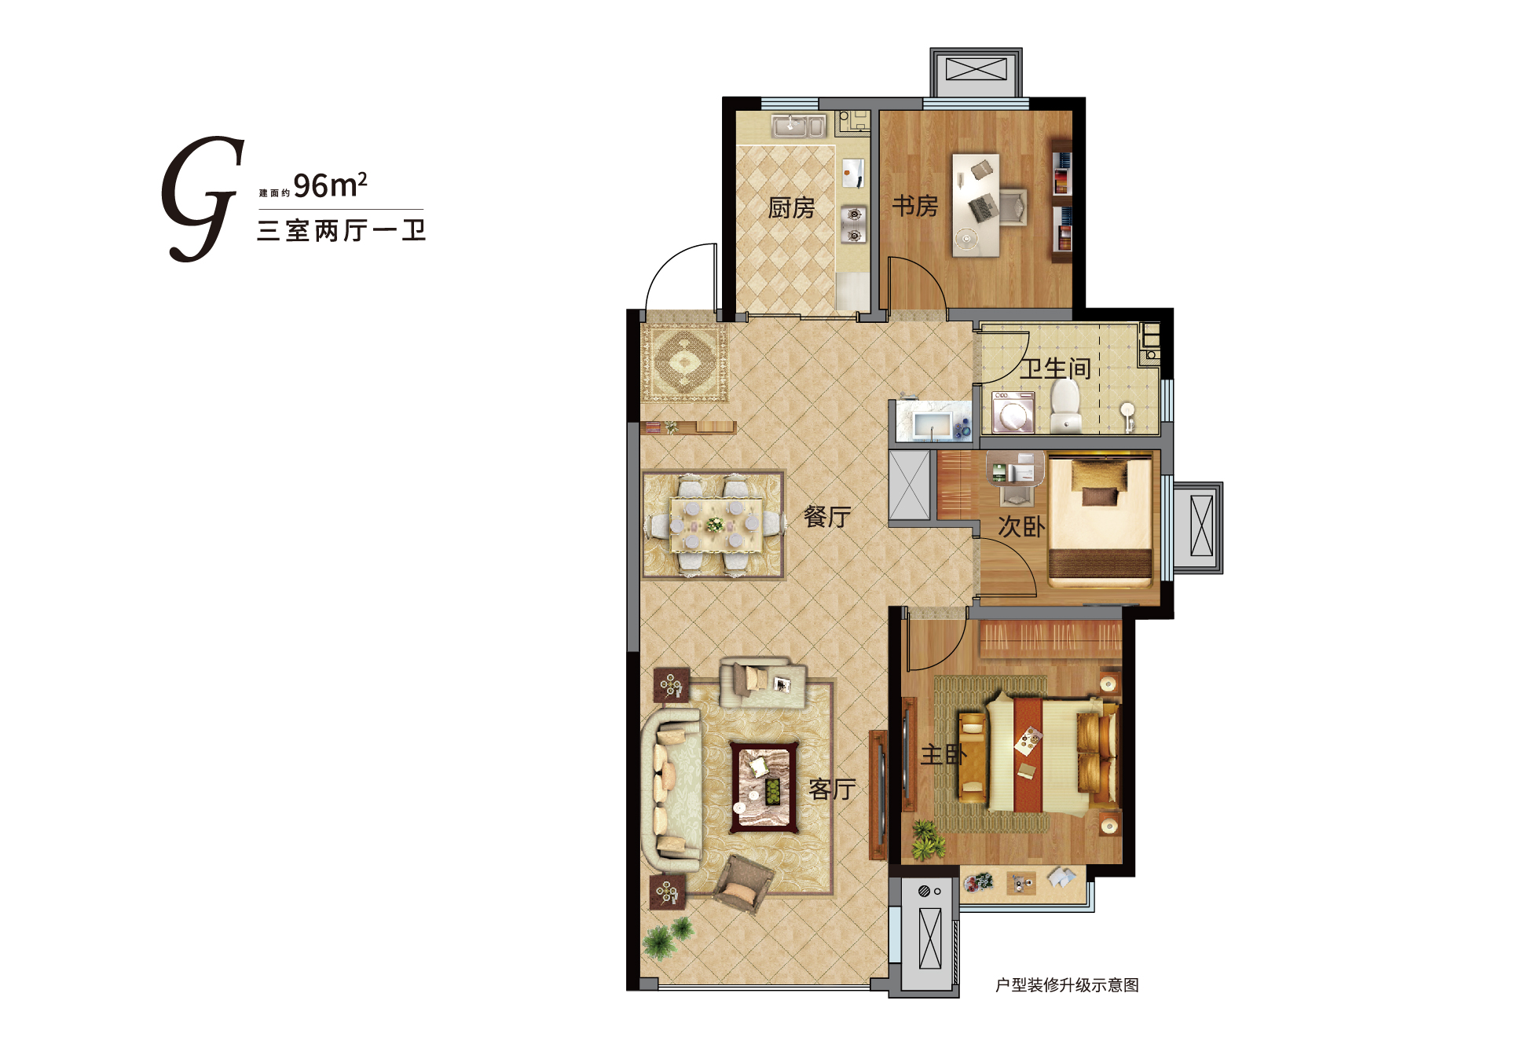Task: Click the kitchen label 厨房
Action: click(791, 208)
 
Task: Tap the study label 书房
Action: click(915, 206)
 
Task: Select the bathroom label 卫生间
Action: click(1056, 368)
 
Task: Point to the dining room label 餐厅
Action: click(827, 516)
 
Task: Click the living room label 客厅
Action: click(832, 789)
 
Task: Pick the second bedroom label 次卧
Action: click(1021, 526)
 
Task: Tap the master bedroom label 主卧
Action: click(944, 755)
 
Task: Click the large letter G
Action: click(203, 199)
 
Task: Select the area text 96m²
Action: click(330, 185)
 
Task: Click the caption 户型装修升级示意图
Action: click(1067, 985)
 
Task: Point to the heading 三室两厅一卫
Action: click(341, 230)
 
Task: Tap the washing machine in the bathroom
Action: click(1013, 412)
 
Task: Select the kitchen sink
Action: click(798, 126)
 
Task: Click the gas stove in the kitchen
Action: click(854, 224)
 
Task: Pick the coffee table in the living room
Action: click(764, 786)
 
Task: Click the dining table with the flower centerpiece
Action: click(715, 524)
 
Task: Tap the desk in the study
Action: click(976, 205)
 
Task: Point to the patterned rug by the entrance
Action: click(684, 362)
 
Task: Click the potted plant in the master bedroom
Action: click(928, 840)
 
